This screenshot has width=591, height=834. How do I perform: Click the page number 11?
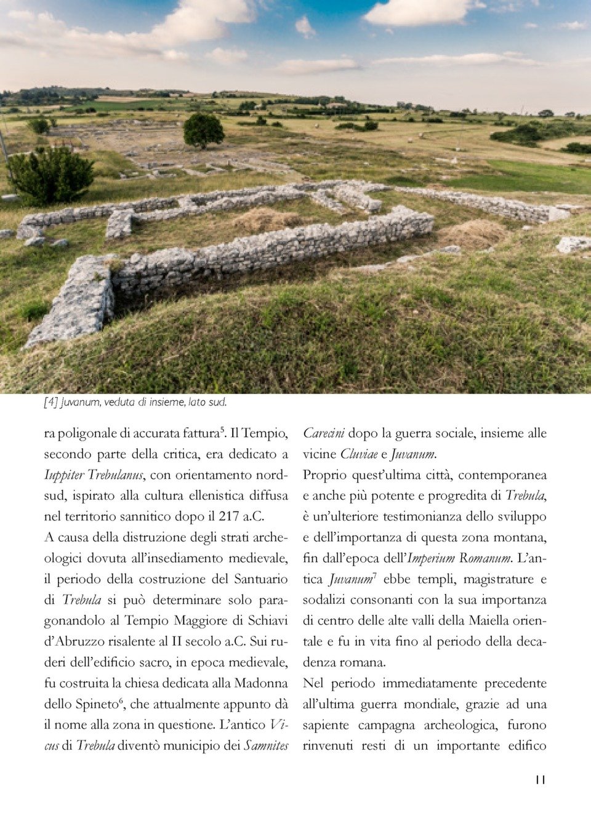pos(540,780)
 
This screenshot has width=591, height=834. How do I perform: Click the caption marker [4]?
pos(50,403)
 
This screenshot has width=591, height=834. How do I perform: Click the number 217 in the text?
pos(229,516)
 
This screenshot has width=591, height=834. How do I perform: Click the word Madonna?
pos(261,683)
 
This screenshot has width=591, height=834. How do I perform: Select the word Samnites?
pos(266,746)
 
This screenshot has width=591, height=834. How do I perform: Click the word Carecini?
pos(323,434)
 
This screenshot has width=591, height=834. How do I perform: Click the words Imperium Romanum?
pos(459,558)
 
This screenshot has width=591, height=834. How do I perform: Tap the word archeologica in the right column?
pos(460,725)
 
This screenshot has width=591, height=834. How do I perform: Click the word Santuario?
pos(260,579)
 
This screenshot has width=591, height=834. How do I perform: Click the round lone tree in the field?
pos(203,130)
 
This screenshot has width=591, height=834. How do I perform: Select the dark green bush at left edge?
pos(50,175)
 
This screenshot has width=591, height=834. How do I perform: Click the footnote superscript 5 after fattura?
pos(222,430)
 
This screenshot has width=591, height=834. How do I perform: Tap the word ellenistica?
pos(208,496)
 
